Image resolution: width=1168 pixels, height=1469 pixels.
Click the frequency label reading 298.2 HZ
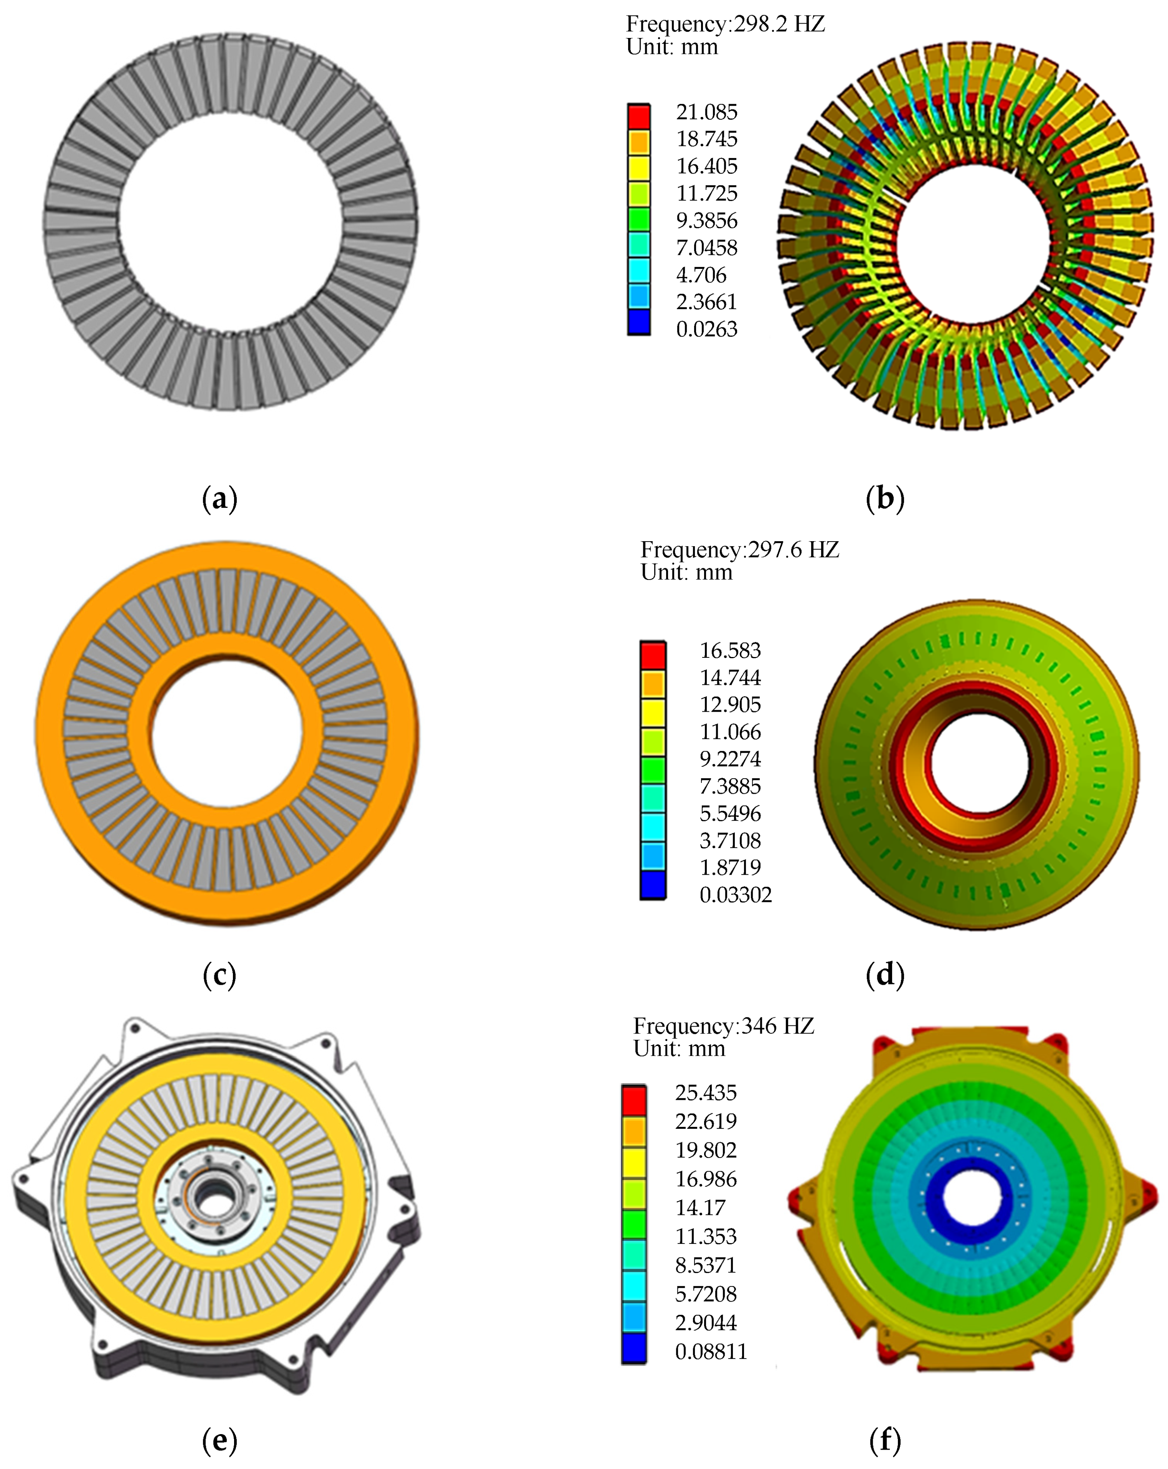click(725, 24)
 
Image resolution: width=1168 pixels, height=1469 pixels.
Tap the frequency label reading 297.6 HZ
click(739, 550)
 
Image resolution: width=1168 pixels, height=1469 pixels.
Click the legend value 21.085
click(707, 112)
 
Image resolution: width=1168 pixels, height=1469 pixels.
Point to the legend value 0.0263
click(707, 329)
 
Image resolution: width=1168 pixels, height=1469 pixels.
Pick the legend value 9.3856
click(707, 220)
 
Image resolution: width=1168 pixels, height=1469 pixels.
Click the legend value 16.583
click(730, 651)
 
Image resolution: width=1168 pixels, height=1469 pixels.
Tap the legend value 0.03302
click(735, 894)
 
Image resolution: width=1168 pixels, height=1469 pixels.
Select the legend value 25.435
click(706, 1093)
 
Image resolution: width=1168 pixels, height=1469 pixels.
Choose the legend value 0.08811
click(711, 1352)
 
